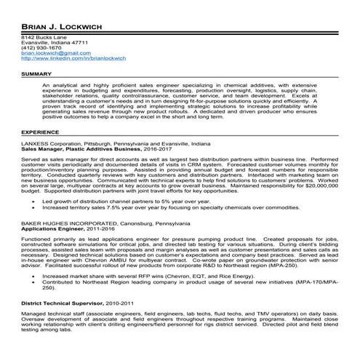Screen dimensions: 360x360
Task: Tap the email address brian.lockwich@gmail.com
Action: pos(50,53)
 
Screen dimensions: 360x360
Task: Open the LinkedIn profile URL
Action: pos(74,59)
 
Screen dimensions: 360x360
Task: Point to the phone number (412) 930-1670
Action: pos(36,47)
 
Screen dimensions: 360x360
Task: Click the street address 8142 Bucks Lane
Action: pos(38,36)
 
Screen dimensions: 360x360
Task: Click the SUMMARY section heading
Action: pos(36,74)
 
